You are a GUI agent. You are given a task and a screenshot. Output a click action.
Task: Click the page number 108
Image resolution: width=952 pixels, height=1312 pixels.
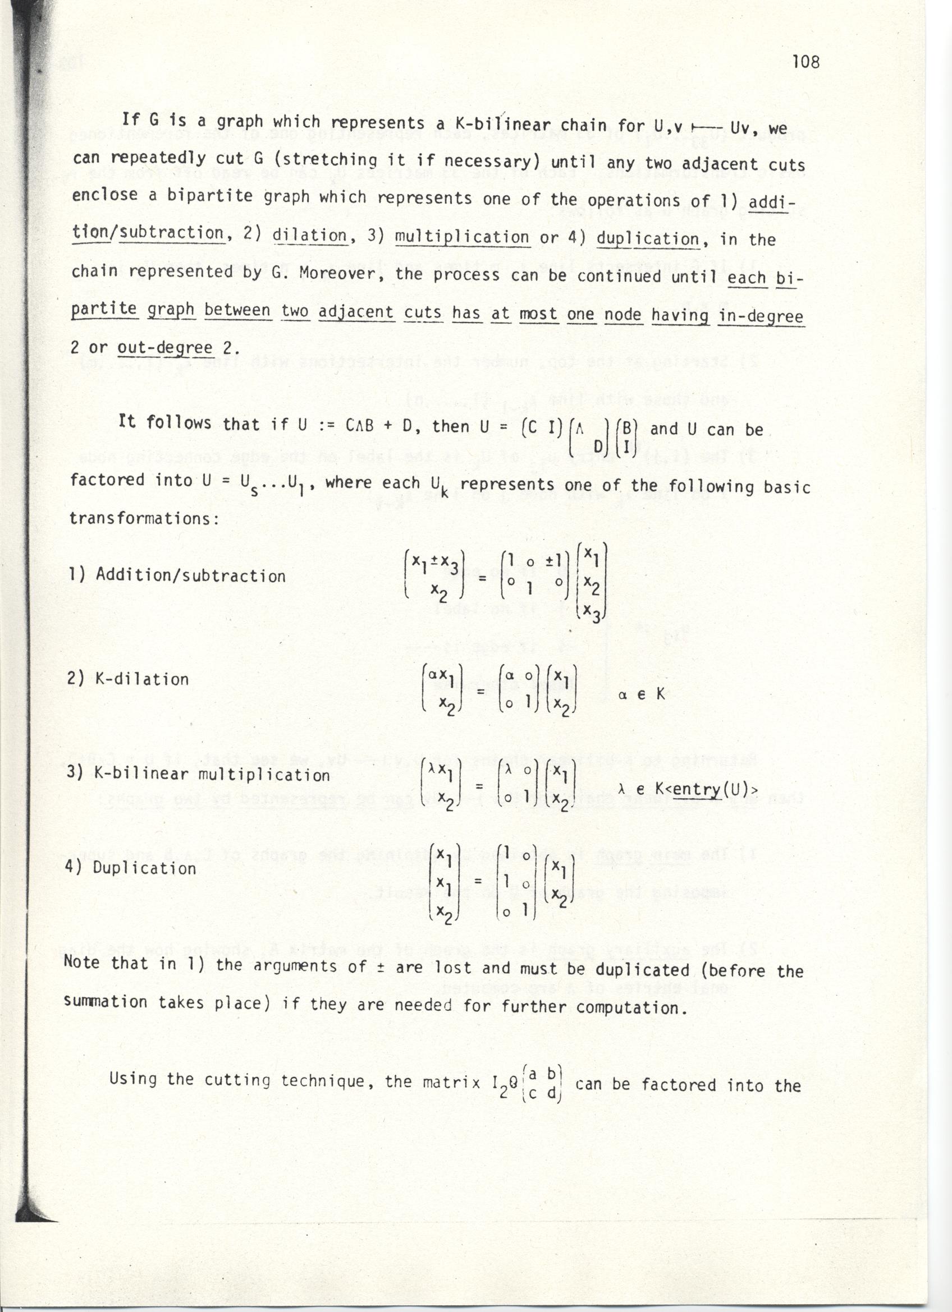coord(805,62)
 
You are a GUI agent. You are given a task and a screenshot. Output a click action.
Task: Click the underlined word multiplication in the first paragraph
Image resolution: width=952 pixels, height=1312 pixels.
coord(462,237)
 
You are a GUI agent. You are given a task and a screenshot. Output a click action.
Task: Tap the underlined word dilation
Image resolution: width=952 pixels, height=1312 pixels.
coord(309,236)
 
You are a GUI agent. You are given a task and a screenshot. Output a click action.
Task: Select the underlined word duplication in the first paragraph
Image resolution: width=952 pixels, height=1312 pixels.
coord(647,238)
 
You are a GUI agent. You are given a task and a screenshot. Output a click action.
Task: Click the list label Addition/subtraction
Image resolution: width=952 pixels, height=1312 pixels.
coord(190,576)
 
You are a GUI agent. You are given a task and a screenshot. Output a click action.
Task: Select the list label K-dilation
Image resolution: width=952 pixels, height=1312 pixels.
coord(141,679)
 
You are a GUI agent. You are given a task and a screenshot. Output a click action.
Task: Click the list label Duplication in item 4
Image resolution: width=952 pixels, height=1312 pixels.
coord(144,868)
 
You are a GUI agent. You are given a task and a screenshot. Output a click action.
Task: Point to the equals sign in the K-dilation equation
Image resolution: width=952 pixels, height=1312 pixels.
coord(480,691)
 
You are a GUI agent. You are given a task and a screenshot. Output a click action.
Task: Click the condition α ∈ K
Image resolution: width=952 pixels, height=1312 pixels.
coord(642,695)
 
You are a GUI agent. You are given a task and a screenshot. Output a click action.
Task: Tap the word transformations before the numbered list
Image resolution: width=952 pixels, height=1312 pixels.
coord(144,518)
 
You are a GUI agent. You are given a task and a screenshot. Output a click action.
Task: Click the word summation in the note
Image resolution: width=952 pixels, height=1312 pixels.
coord(106,1001)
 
